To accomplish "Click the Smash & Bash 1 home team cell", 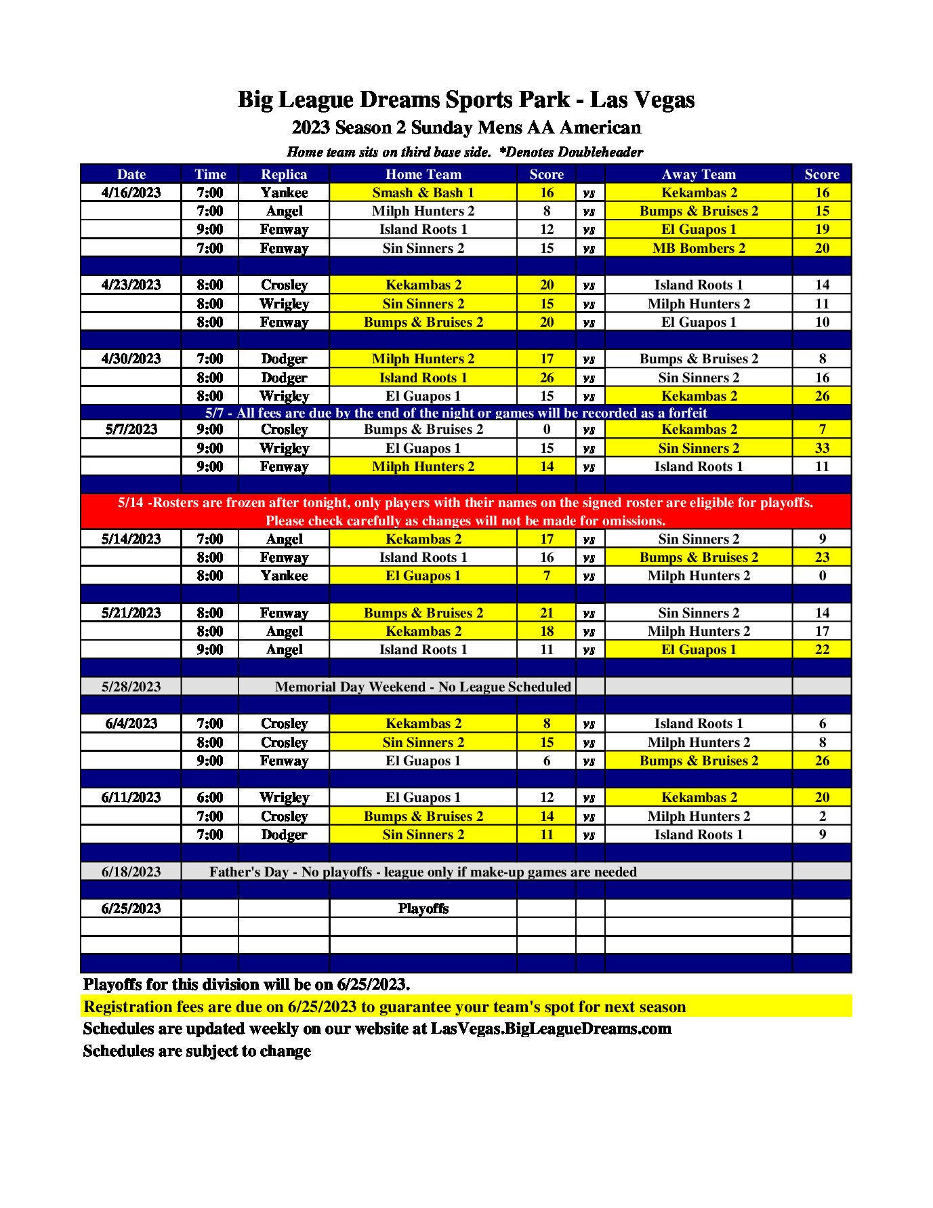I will pos(423,193).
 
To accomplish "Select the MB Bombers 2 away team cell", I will pos(699,248).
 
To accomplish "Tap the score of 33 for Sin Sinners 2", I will pos(821,448).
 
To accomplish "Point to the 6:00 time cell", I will pos(209,797).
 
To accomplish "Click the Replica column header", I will pos(284,174).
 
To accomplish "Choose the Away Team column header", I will pos(699,174).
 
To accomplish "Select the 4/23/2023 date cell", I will pos(131,285).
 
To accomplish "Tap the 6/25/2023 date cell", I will pos(131,908).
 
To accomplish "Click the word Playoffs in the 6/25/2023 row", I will pos(423,908).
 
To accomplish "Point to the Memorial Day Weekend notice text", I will pos(423,687).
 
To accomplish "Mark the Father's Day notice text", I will pos(423,872).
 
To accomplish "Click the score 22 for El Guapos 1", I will pos(821,649).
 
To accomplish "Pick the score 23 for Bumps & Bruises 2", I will pos(821,557).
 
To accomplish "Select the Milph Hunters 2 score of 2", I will pos(821,816).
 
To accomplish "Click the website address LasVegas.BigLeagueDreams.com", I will pos(551,1028).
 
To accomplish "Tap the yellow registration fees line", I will pos(384,1007).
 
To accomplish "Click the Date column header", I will pos(131,174).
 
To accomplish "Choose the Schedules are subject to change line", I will pos(196,1051).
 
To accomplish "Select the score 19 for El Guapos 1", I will pos(821,229).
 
